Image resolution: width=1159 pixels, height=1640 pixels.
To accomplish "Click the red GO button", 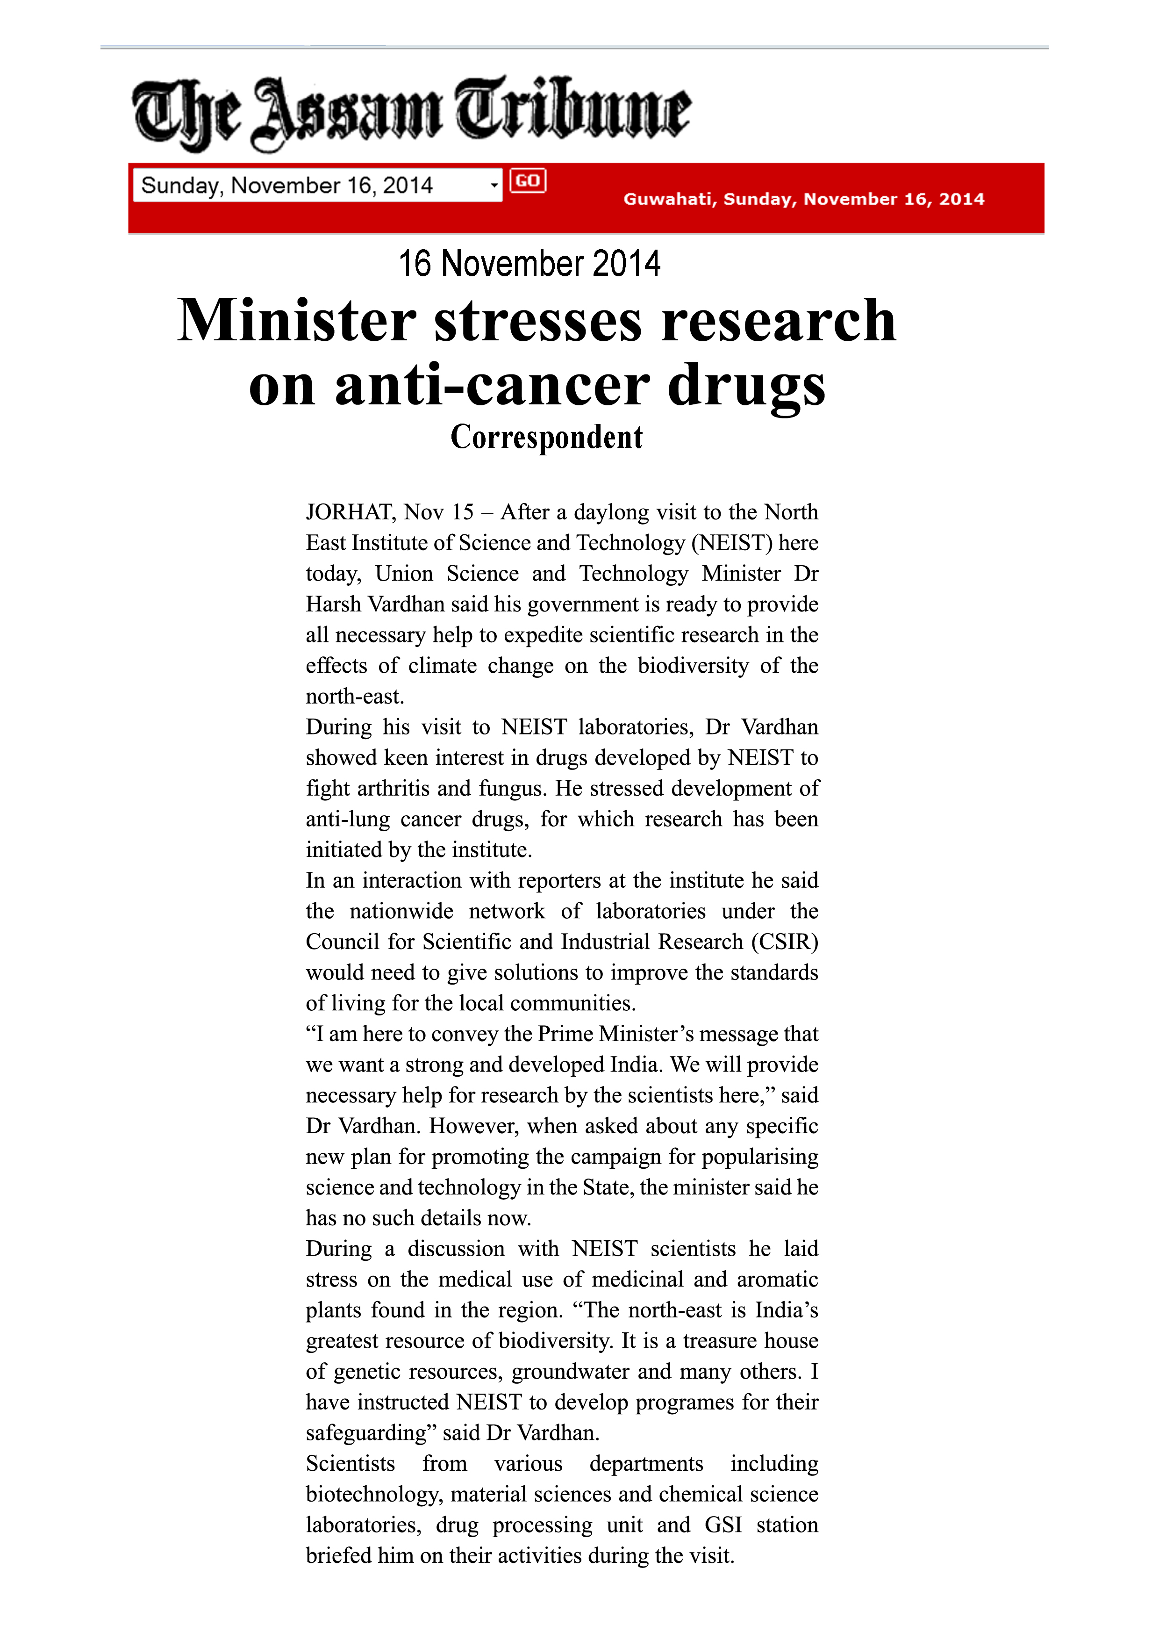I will [x=528, y=181].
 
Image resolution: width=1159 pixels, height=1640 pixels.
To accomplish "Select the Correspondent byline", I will [x=546, y=437].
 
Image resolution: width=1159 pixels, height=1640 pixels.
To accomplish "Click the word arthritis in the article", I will [x=393, y=789].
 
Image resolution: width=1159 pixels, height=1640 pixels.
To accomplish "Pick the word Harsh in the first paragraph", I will [x=334, y=604].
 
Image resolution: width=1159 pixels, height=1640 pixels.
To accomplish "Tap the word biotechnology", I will [x=372, y=1494].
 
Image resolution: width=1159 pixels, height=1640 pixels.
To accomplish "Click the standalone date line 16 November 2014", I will [x=529, y=264].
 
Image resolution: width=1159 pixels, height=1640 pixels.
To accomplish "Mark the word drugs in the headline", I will [x=746, y=385].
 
